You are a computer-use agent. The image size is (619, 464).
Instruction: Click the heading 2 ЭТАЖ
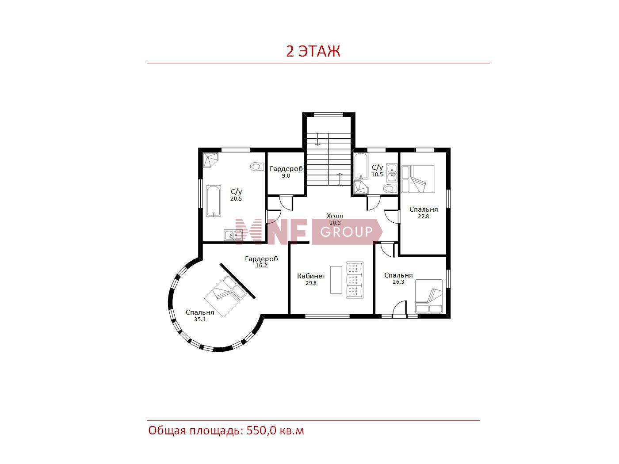tap(313, 51)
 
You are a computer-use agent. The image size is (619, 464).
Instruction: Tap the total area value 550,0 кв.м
tap(275, 430)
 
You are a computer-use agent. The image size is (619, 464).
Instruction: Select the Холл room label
tap(335, 216)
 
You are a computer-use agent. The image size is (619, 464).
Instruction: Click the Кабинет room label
tap(311, 276)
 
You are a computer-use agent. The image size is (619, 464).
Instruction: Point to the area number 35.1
tap(200, 319)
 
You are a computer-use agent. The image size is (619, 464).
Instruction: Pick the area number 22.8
tap(423, 217)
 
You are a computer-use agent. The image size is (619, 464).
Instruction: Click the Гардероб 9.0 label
tap(286, 172)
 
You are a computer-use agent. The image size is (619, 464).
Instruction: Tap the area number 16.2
tap(261, 266)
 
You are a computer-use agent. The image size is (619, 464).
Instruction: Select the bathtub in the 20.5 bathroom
tap(214, 201)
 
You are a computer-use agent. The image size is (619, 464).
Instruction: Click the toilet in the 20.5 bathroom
tap(257, 166)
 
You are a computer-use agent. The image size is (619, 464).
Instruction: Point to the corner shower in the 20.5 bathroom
tap(210, 160)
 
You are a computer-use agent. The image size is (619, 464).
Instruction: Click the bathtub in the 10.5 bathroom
tap(361, 166)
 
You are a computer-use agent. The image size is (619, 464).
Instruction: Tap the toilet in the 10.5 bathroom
tap(390, 189)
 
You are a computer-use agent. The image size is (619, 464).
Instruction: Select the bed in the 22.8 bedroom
tap(418, 179)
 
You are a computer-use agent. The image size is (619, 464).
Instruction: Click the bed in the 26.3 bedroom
tap(428, 297)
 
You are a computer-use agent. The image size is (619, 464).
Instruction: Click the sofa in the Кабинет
tap(355, 280)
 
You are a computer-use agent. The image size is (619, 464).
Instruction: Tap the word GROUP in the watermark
tap(346, 232)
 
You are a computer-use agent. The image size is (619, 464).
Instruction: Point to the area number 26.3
tap(398, 282)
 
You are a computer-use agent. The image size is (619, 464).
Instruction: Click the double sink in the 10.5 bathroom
tap(392, 173)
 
